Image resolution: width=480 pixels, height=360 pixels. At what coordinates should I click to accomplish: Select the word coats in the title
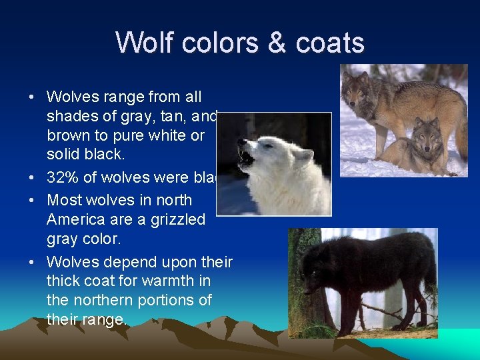tap(330, 43)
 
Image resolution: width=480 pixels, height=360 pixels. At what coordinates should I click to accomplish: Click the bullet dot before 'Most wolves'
tap(32, 200)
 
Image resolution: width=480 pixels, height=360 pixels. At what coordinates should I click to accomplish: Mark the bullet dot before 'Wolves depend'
tap(32, 261)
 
